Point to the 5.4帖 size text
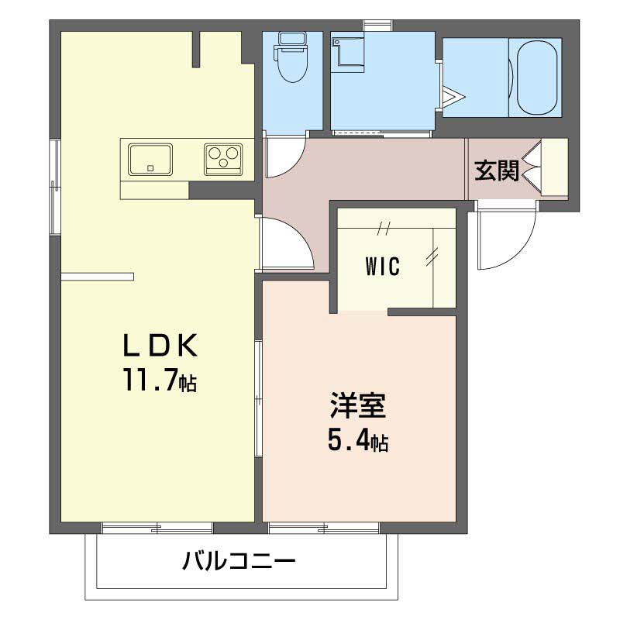pyautogui.click(x=357, y=441)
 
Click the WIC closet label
pyautogui.click(x=383, y=267)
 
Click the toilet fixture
pyautogui.click(x=291, y=60)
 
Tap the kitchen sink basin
pyautogui.click(x=150, y=159)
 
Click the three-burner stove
pyautogui.click(x=223, y=159)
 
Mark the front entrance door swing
pyautogui.click(x=506, y=237)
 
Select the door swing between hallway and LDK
pyautogui.click(x=285, y=243)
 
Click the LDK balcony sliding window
pyautogui.click(x=157, y=529)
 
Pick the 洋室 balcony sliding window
pyautogui.click(x=324, y=529)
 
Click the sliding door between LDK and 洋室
pyautogui.click(x=259, y=395)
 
